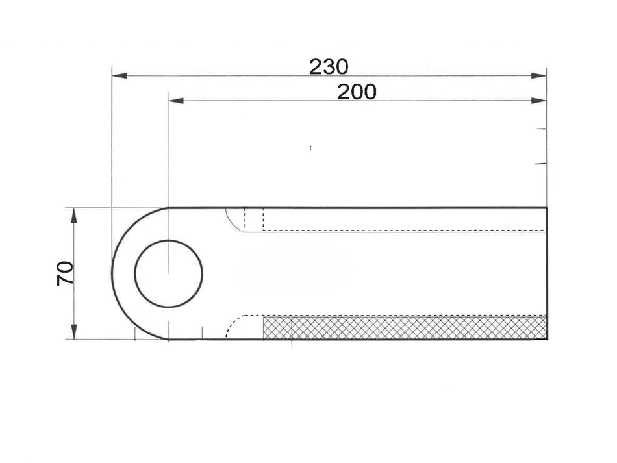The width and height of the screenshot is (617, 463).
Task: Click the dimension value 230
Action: (329, 66)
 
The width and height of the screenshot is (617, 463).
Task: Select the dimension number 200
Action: (357, 92)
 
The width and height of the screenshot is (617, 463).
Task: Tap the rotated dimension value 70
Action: (65, 273)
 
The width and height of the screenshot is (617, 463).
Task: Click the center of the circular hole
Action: (169, 273)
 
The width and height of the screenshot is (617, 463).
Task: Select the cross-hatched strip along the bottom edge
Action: (404, 327)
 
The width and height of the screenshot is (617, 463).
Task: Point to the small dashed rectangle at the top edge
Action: (254, 219)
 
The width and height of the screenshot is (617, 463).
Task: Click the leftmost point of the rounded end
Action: (112, 273)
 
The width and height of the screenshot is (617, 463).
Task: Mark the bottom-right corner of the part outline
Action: (547, 339)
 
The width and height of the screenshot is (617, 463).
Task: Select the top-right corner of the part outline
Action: (547, 208)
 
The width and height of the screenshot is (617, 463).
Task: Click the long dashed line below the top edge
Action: (403, 231)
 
